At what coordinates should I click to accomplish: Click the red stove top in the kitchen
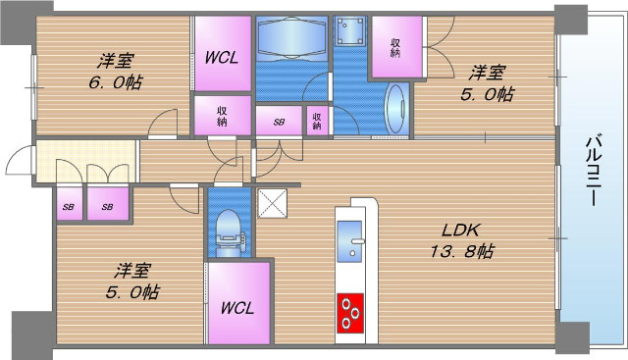point(350,313)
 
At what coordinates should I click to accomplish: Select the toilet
point(230,233)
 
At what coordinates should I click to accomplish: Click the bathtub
point(291,38)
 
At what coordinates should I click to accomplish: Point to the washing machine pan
point(350,31)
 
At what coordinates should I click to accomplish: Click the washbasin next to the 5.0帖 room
point(396,109)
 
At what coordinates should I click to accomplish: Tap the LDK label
point(460,231)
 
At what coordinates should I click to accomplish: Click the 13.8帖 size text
point(462,251)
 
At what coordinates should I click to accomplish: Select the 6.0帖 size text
point(115,83)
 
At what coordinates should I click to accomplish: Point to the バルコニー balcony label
point(596,171)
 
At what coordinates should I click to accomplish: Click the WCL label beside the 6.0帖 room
point(222,58)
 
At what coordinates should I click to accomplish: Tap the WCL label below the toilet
point(237,308)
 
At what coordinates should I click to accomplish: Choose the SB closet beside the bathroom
point(279,121)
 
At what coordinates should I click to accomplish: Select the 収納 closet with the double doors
point(396,47)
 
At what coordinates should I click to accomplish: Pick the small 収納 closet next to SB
point(318,121)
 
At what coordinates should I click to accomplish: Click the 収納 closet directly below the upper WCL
point(223,116)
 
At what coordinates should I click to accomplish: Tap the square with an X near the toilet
point(273,203)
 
